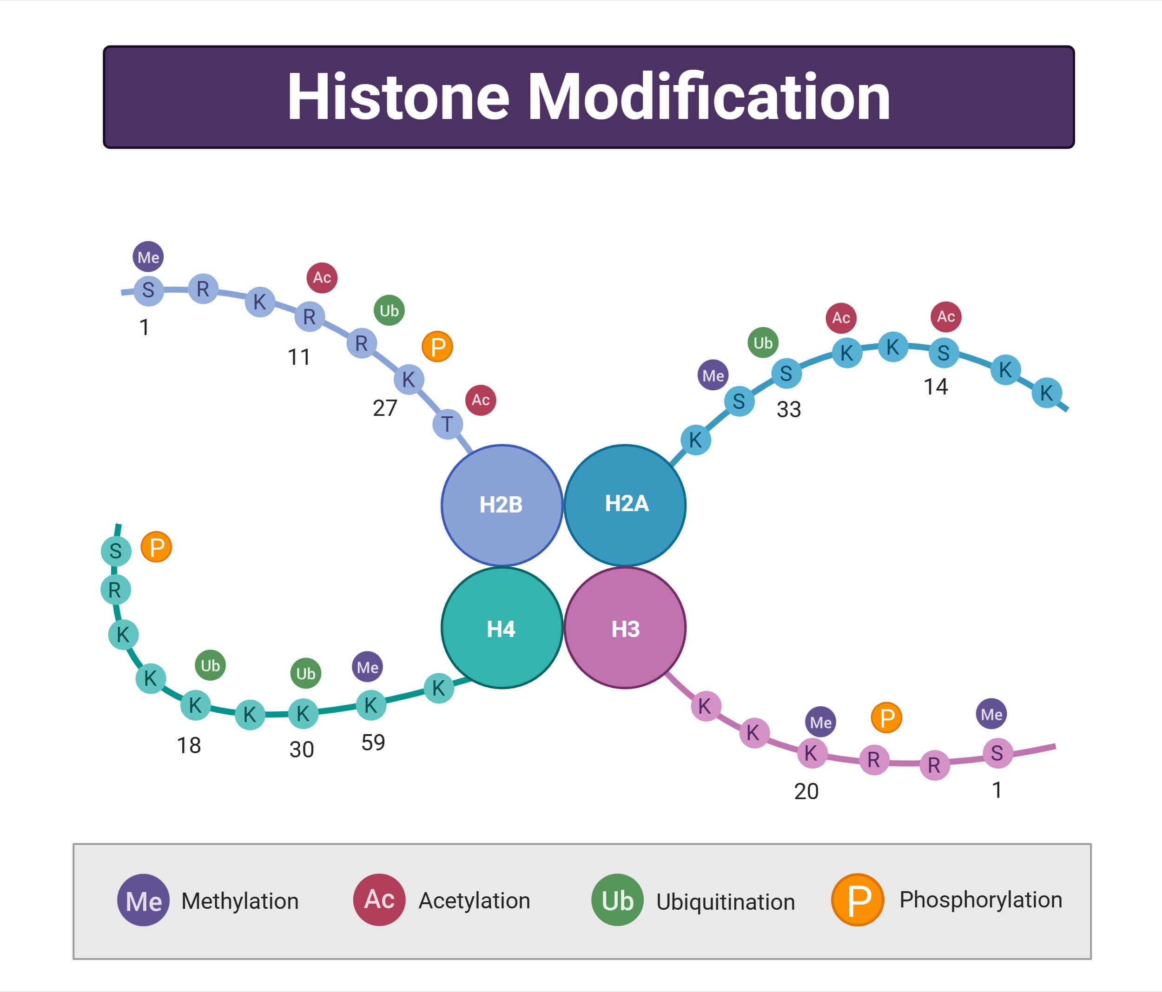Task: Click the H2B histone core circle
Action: [502, 505]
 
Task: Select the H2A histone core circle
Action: [625, 505]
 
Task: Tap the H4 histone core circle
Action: [502, 628]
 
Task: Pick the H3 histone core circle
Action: [625, 628]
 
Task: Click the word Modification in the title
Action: [709, 97]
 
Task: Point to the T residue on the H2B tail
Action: [447, 424]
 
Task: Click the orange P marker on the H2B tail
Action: [437, 347]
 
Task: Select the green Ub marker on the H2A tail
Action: [763, 342]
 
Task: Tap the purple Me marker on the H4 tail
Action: [367, 667]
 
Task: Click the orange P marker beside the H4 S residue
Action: [156, 547]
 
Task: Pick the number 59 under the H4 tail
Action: [373, 742]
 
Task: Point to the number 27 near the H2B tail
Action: [385, 407]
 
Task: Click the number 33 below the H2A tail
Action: [788, 409]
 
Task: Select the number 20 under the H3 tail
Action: [806, 791]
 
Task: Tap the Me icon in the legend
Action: [143, 900]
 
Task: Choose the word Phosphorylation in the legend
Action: [980, 900]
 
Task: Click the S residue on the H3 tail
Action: [997, 753]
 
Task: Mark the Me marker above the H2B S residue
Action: [148, 257]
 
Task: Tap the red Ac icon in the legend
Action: [379, 900]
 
